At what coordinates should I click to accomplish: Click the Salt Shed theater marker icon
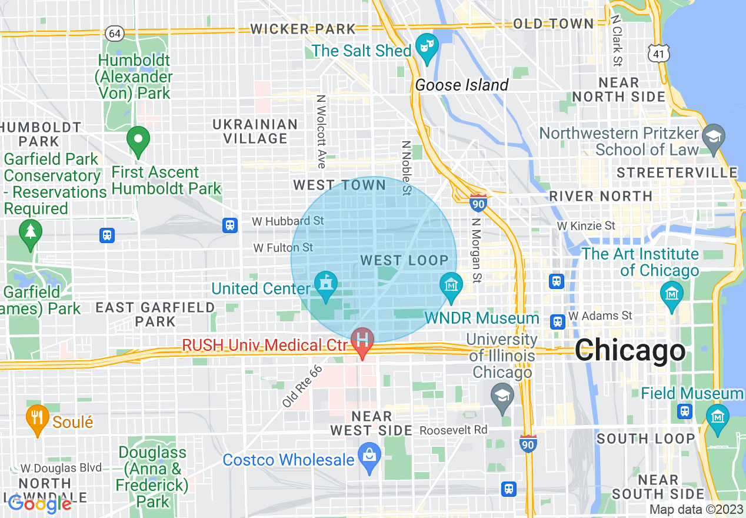pos(427,47)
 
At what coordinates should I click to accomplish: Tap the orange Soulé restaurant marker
pos(38,418)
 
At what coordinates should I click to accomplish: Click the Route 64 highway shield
pos(115,33)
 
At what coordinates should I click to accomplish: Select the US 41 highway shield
pos(657,54)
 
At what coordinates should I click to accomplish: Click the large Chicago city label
pos(630,351)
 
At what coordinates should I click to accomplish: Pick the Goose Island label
pos(461,85)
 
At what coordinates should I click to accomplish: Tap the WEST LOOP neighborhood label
pos(404,260)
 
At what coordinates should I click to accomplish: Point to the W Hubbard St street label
pos(288,221)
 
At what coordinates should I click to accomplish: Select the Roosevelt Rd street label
pos(453,430)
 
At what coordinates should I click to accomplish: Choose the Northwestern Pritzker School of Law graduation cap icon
pos(714,135)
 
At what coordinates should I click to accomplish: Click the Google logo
pos(39,503)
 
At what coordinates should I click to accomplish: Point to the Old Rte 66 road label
pos(304,387)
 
